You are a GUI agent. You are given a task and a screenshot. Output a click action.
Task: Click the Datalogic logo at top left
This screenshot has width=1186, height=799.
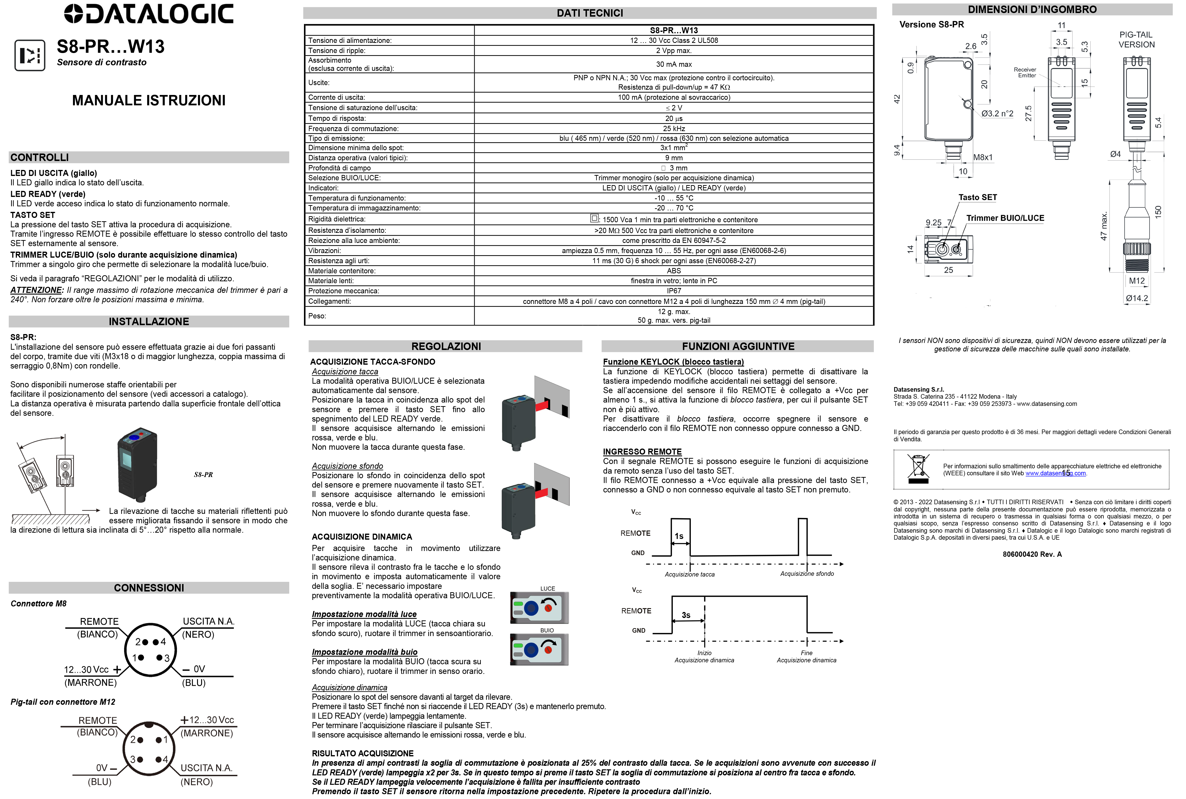click(149, 14)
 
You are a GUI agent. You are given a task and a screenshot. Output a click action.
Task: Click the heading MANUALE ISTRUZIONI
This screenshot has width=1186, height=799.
click(149, 100)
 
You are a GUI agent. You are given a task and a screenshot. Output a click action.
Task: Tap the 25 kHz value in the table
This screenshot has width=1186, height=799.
click(674, 128)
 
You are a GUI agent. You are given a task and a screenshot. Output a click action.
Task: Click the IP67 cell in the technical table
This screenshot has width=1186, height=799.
click(674, 291)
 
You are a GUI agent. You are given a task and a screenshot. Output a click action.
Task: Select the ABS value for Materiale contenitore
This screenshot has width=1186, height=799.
click(674, 271)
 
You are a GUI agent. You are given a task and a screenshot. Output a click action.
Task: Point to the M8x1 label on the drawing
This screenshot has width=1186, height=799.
click(983, 157)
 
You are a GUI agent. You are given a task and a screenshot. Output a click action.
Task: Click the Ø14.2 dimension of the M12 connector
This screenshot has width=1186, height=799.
click(1137, 298)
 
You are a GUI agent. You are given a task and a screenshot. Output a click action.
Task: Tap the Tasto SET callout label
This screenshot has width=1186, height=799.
click(977, 197)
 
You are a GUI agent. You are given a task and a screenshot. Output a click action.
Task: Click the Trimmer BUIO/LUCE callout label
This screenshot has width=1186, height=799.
click(1005, 218)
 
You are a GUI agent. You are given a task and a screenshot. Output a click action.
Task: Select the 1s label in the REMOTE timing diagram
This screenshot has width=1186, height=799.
click(679, 536)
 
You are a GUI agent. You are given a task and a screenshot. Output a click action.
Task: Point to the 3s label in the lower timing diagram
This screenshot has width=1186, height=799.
click(686, 615)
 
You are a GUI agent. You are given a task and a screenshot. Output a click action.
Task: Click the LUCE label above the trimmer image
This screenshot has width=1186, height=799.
click(547, 589)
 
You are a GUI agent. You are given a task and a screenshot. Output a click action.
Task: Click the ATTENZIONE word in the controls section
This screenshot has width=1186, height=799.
click(36, 290)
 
